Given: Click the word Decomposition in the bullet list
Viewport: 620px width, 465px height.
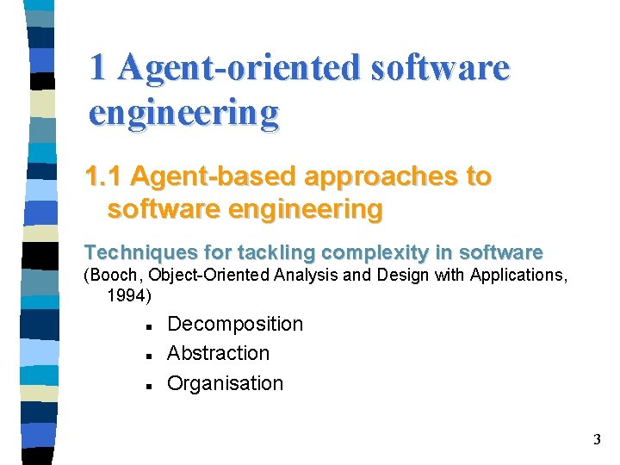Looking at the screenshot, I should pyautogui.click(x=235, y=325).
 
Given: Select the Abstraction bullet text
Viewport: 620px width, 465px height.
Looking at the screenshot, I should pyautogui.click(x=218, y=354).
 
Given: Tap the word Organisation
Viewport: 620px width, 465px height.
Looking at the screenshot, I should pyautogui.click(x=225, y=384).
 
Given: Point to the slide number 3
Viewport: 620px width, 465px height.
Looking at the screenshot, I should pyautogui.click(x=597, y=441).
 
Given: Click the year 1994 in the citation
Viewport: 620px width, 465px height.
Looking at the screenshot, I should pyautogui.click(x=127, y=296).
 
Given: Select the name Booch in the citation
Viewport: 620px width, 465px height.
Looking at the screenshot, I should pyautogui.click(x=111, y=276).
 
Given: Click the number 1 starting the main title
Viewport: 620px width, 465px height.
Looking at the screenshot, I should pyautogui.click(x=99, y=67).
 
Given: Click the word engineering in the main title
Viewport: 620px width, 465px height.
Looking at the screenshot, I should pyautogui.click(x=183, y=112).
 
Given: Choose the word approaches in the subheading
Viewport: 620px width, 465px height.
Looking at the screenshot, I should pyautogui.click(x=379, y=177).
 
